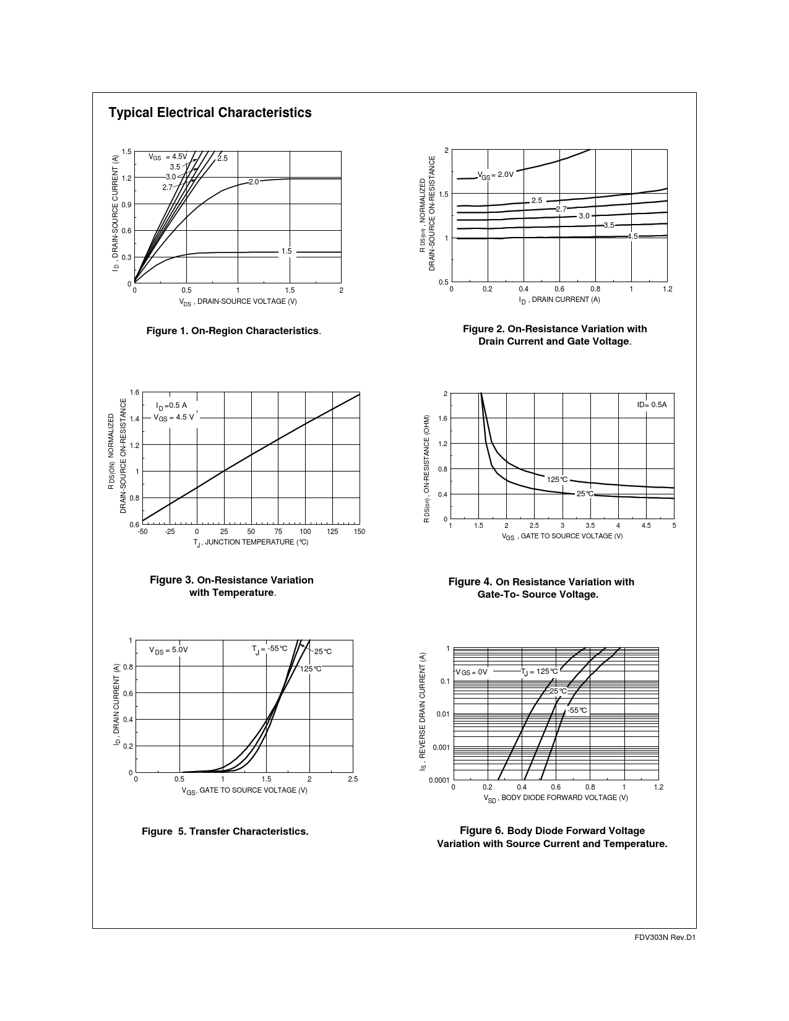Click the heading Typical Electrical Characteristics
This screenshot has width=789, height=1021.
[210, 113]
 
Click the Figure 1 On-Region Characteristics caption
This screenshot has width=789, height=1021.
[233, 331]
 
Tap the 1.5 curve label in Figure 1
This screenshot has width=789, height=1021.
[286, 251]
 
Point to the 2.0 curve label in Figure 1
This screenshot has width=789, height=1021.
[254, 182]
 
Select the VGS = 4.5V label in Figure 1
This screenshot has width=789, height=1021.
[167, 157]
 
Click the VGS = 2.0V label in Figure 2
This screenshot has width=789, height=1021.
[495, 175]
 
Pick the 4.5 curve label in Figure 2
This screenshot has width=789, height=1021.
[632, 236]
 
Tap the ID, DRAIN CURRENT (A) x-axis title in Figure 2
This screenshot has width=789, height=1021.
[559, 300]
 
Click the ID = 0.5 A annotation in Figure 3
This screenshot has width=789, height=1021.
[171, 406]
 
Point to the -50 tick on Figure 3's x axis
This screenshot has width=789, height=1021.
[142, 532]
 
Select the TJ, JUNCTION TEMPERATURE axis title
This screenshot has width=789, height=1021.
[251, 543]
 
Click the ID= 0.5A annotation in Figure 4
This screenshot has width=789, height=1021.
[652, 405]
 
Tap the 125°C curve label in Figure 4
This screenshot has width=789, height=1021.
[557, 480]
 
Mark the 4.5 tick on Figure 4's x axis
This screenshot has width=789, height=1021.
[646, 526]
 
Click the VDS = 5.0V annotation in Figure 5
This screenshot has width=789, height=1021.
[168, 650]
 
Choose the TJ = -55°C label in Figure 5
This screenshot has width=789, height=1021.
[269, 649]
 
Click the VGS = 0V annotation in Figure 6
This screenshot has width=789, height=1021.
[472, 672]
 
